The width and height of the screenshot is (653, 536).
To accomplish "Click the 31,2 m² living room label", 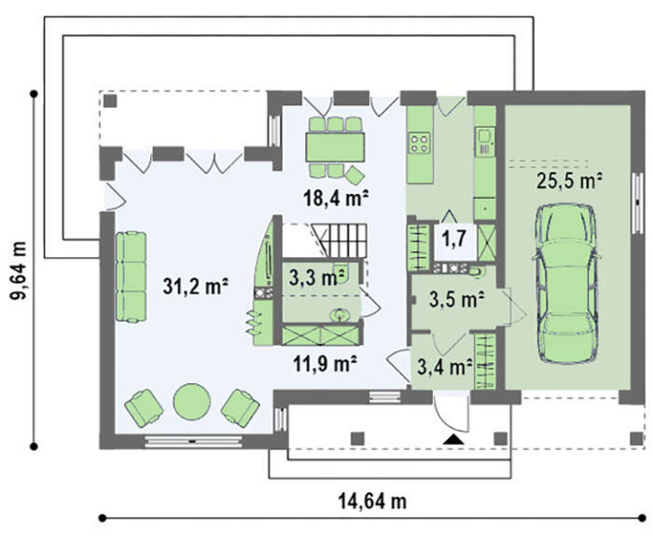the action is (x=195, y=286).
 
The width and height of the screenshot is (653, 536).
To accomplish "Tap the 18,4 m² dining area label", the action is (x=337, y=199).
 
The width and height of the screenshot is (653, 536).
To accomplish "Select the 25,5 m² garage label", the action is (x=570, y=181).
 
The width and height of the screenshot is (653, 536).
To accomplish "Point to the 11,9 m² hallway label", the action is (x=325, y=364).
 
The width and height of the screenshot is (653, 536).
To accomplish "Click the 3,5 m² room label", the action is (x=456, y=299).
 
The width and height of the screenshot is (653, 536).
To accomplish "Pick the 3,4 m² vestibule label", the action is (x=444, y=367).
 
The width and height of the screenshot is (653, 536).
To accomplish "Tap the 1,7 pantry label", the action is (x=453, y=240).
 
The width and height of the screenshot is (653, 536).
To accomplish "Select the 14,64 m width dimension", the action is (x=372, y=501).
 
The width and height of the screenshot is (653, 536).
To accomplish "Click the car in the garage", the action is (x=566, y=284).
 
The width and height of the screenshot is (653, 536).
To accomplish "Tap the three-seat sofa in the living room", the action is (x=131, y=277).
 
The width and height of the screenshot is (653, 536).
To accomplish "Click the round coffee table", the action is (x=191, y=401).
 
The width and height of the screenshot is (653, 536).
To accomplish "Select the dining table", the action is (x=335, y=147).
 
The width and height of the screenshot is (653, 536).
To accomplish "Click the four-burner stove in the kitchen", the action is (x=419, y=143).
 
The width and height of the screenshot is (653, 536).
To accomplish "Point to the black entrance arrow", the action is (x=453, y=439).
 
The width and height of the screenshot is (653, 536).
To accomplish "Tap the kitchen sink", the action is (x=485, y=136).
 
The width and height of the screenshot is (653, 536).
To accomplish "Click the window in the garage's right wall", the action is (x=637, y=202).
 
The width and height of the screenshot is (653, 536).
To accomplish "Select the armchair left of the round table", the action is (x=144, y=407).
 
